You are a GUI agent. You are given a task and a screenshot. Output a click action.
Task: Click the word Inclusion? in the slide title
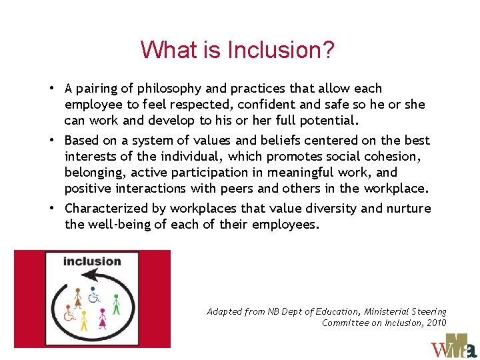[281, 50]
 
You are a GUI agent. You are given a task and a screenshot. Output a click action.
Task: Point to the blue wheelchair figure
[94, 295]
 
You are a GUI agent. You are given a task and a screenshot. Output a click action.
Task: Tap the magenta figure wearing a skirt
[102, 319]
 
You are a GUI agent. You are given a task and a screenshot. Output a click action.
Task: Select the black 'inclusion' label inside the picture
[92, 261]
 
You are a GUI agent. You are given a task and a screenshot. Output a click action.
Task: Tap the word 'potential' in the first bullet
[331, 121]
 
